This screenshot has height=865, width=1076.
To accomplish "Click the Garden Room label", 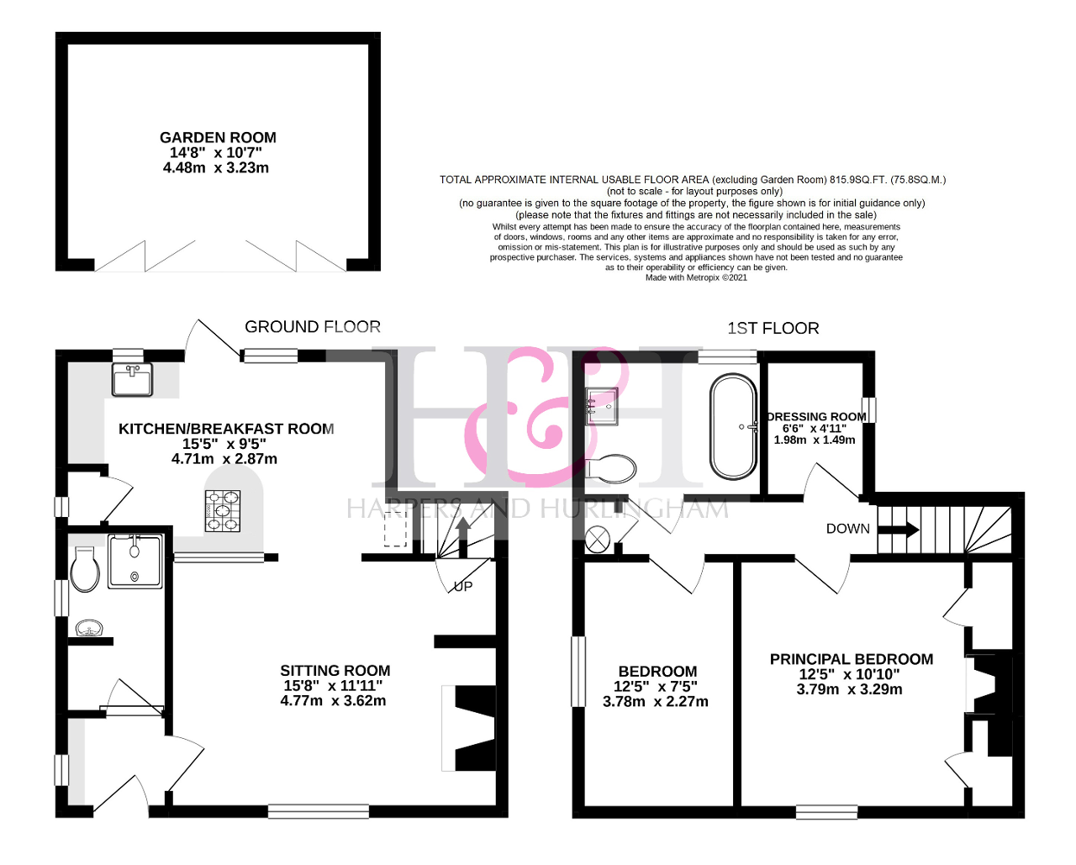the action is [218, 138].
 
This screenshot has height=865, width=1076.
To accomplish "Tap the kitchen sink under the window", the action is [132, 379].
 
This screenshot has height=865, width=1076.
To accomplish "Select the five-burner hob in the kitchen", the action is [223, 510].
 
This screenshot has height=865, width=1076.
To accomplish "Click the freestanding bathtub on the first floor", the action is [734, 426].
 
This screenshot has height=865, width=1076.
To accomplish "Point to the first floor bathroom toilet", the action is [611, 469].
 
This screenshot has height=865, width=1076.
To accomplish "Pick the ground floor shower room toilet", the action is [85, 569].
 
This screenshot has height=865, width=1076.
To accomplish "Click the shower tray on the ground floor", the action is [135, 561].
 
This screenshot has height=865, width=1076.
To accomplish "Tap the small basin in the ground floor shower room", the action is [89, 629].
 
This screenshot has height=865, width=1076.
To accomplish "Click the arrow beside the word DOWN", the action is [898, 530].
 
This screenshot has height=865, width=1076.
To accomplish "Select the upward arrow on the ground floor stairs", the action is [463, 537].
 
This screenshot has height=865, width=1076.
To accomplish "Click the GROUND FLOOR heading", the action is [313, 327].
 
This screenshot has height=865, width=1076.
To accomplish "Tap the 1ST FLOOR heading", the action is [773, 329].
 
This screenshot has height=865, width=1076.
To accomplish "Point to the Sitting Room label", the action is [335, 671].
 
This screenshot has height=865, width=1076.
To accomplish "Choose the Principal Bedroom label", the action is [852, 660].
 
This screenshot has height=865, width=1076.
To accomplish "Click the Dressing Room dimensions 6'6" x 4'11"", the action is [815, 429].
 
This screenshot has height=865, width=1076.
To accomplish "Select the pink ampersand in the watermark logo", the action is [546, 416].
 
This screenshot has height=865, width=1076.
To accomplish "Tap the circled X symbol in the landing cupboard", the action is [598, 540].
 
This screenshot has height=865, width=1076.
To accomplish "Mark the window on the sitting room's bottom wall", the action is [319, 811].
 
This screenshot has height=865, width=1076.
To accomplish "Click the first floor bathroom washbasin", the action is [602, 406].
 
